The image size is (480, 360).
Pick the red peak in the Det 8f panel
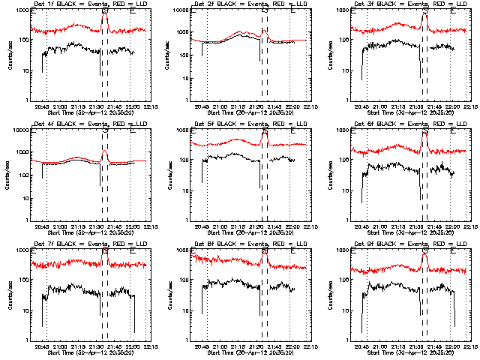265,253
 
